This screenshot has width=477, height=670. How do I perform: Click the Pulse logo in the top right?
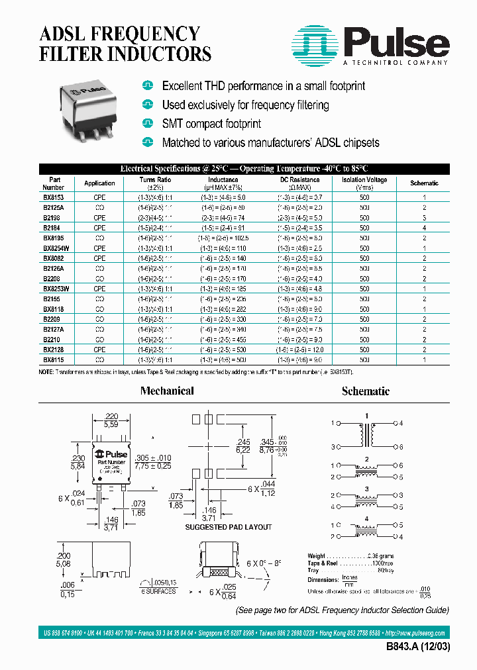pyautogui.click(x=372, y=45)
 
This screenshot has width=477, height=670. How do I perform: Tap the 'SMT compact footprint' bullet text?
pyautogui.click(x=211, y=124)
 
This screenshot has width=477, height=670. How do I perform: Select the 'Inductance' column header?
pyautogui.click(x=223, y=179)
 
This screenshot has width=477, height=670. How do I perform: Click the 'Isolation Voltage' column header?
pyautogui.click(x=364, y=179)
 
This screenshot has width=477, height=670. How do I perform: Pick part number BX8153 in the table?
pyautogui.click(x=54, y=198)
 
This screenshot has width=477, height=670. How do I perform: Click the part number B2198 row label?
pyautogui.click(x=52, y=217)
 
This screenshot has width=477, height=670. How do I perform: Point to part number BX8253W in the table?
pyautogui.click(x=56, y=289)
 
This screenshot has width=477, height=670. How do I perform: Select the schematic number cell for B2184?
pyautogui.click(x=424, y=227)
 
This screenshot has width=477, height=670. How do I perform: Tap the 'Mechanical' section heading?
pyautogui.click(x=167, y=391)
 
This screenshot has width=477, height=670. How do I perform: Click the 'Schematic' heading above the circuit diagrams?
pyautogui.click(x=365, y=391)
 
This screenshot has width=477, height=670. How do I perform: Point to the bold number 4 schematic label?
pyautogui.click(x=366, y=520)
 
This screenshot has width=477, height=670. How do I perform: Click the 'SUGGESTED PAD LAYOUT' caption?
pyautogui.click(x=229, y=527)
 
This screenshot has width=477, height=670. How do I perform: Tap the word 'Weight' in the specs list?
pyautogui.click(x=317, y=555)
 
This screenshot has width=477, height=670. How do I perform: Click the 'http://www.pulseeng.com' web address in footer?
pyautogui.click(x=417, y=633)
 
